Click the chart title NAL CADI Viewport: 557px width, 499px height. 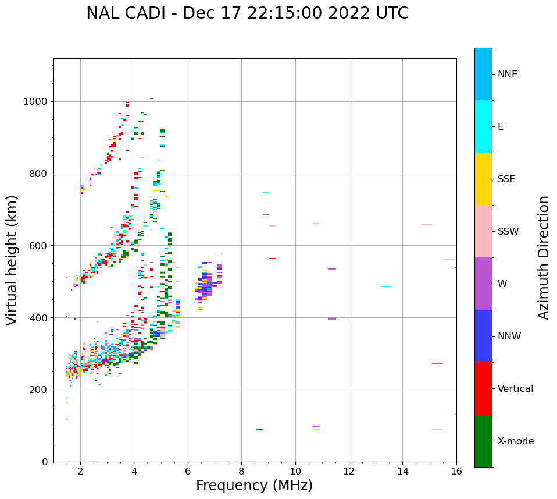coord(247,13)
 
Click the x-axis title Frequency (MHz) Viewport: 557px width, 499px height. coord(254,486)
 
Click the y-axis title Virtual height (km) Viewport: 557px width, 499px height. coord(12,260)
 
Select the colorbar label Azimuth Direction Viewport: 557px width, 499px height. coord(544,257)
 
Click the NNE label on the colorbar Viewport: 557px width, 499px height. coord(507,75)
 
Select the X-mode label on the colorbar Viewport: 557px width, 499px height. coord(515,441)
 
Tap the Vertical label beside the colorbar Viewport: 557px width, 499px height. coord(515,389)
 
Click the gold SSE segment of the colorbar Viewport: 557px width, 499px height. coord(483,179)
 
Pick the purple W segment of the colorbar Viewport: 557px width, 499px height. coord(483,284)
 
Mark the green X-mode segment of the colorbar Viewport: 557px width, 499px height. coord(483,441)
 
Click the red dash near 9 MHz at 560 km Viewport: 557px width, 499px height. coord(272,259)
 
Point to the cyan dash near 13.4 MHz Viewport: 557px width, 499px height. coord(385,286)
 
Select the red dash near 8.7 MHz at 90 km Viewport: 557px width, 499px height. coord(259,429)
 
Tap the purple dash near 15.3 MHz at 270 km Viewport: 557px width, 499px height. coord(437,363)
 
